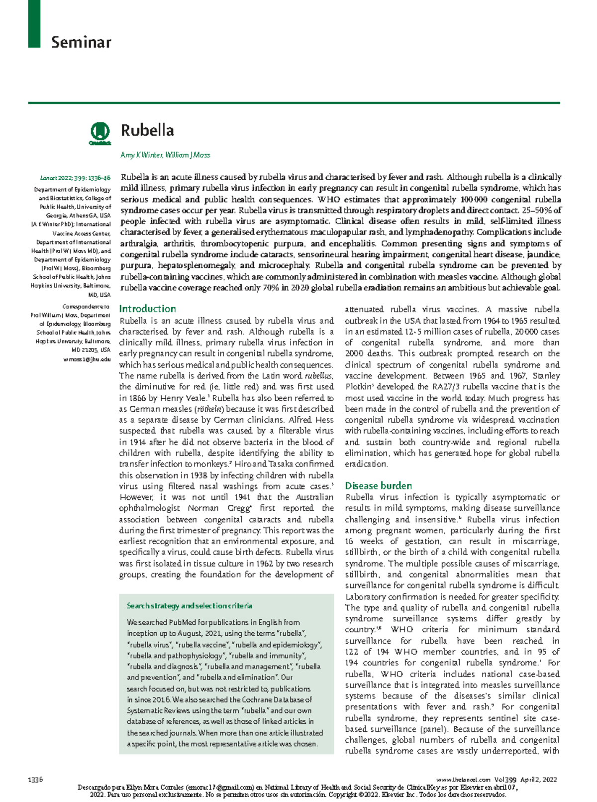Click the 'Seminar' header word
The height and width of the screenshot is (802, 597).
click(x=81, y=42)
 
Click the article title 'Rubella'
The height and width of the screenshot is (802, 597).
click(x=147, y=131)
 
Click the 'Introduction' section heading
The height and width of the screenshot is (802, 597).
click(x=147, y=309)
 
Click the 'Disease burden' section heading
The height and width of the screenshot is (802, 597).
click(x=378, y=485)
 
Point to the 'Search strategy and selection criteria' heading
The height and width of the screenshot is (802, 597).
click(x=189, y=606)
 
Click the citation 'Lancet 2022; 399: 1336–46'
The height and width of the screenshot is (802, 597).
click(x=75, y=178)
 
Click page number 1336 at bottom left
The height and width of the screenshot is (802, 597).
click(x=35, y=780)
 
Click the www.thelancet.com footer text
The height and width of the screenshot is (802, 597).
click(x=463, y=780)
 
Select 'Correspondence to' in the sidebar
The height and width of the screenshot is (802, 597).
click(x=86, y=307)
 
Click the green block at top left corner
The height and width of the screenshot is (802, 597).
click(x=34, y=23)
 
